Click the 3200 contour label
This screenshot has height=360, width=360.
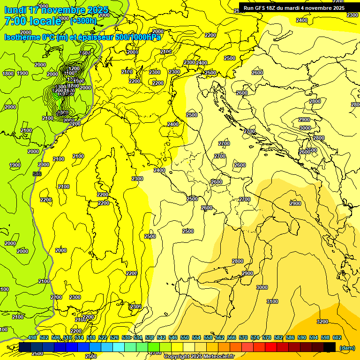(x=322, y=322)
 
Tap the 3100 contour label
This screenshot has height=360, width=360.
(x=272, y=301)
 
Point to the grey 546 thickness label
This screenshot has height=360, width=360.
(x=37, y=174)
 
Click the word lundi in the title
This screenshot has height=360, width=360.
(x=15, y=10)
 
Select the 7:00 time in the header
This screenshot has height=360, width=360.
(x=17, y=21)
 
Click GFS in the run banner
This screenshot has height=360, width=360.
(x=260, y=8)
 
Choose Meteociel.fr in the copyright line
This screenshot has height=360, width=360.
(x=219, y=357)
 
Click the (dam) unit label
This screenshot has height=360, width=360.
(x=346, y=348)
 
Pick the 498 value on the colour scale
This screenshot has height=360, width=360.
(x=32, y=337)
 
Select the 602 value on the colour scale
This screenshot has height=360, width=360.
(x=337, y=337)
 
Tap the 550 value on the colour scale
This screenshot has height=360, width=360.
(x=185, y=337)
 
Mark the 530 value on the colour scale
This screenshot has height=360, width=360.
(x=126, y=337)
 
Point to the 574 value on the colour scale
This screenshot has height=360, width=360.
(x=255, y=337)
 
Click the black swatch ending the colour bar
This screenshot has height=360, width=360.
(x=330, y=347)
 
